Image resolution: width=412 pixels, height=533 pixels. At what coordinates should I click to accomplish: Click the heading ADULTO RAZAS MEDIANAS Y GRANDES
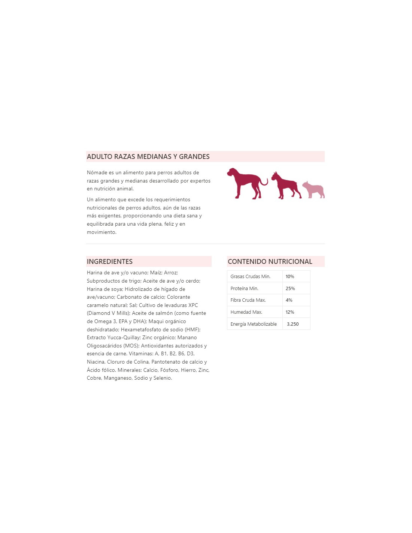pyautogui.click(x=148, y=157)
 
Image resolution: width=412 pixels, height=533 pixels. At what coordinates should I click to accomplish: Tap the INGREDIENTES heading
pyautogui.click(x=110, y=262)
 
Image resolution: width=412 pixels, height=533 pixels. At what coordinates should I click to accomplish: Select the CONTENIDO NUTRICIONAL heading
pyautogui.click(x=270, y=262)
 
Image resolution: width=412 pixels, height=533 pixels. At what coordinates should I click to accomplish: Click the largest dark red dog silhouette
pyautogui.click(x=245, y=183)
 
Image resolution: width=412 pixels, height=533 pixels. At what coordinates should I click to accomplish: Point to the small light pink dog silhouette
pyautogui.click(x=313, y=190)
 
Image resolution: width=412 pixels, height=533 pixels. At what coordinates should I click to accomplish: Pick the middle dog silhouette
pyautogui.click(x=285, y=185)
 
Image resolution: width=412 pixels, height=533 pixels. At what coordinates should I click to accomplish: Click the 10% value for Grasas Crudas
pyautogui.click(x=290, y=277)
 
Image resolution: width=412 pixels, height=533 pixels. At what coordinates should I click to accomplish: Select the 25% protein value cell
pyautogui.click(x=290, y=289)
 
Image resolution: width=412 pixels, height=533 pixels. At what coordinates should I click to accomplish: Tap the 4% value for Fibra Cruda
pyautogui.click(x=289, y=300)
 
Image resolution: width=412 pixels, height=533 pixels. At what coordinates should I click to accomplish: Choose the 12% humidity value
pyautogui.click(x=290, y=312)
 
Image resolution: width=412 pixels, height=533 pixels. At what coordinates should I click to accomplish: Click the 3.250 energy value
pyautogui.click(x=293, y=324)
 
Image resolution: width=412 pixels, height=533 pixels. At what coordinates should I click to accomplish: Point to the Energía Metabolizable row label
pyautogui.click(x=254, y=324)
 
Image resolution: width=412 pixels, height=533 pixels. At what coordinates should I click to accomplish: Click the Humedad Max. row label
pyautogui.click(x=246, y=312)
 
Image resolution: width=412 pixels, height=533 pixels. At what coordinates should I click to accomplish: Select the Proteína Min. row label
pyautogui.click(x=244, y=289)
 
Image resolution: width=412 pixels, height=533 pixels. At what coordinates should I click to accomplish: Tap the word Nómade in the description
pyautogui.click(x=97, y=173)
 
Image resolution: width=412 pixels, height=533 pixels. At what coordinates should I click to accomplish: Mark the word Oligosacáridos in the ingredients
pyautogui.click(x=107, y=346)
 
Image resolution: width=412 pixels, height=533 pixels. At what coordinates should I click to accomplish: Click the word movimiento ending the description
pyautogui.click(x=101, y=232)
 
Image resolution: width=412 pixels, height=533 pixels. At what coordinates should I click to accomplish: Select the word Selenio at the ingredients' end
pyautogui.click(x=162, y=378)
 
